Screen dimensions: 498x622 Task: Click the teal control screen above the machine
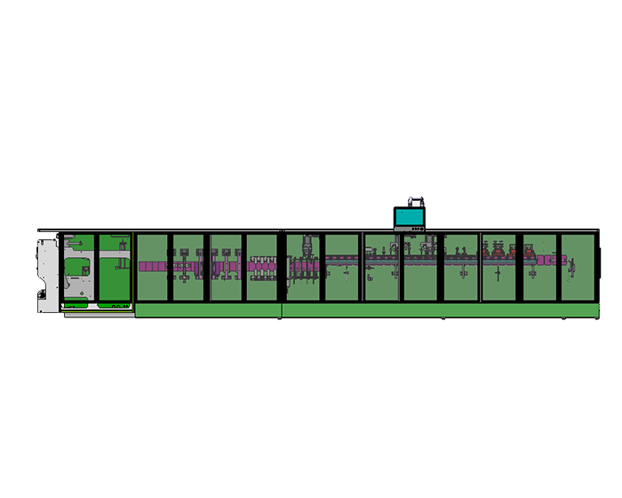410,216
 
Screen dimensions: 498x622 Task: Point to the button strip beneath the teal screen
411,229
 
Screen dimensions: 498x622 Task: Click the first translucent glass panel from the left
152,268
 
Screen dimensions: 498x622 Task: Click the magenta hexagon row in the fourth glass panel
262,265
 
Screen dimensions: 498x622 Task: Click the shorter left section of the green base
208,309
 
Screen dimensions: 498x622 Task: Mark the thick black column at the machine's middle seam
282,268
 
